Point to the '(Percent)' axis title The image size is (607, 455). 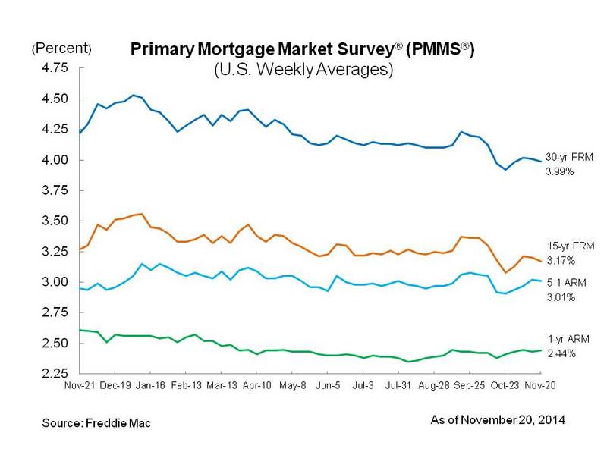point(61,49)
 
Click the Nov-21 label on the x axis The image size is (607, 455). point(80,385)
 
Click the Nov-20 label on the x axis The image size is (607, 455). point(540,385)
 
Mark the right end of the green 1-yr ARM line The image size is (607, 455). point(540,350)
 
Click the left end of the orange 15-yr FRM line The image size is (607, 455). point(80,249)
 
